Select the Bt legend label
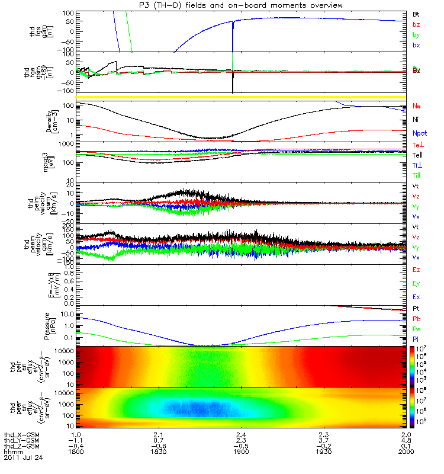416,13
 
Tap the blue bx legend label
416,45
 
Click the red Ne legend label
417,106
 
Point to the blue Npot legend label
419,134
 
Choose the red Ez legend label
417,270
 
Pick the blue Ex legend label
417,297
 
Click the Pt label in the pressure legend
416,310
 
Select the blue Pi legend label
416,339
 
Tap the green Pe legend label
417,329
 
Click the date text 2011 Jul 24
23,458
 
